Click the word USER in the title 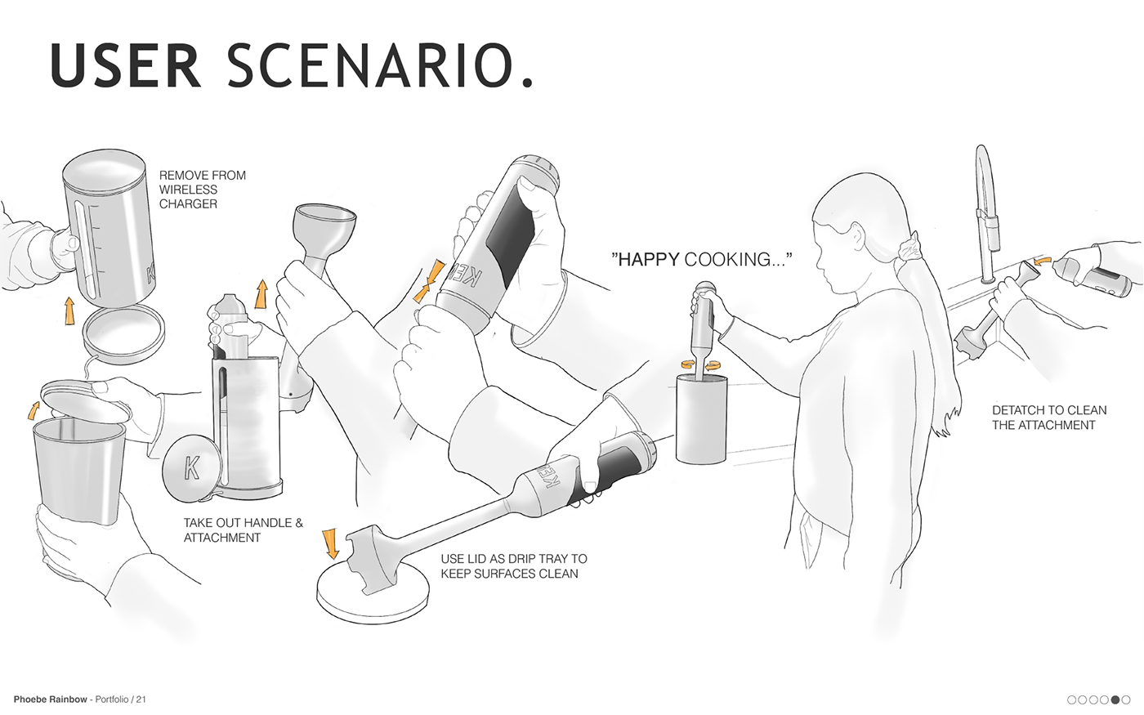(x=126, y=65)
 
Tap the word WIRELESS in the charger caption (x=188, y=190)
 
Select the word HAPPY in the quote (x=649, y=260)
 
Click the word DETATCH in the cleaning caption (x=1018, y=410)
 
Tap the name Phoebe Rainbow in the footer (x=50, y=699)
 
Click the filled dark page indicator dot (x=1115, y=699)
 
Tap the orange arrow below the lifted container (x=69, y=311)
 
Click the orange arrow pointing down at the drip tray (x=330, y=543)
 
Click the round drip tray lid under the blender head (x=373, y=592)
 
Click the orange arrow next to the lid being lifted (x=34, y=410)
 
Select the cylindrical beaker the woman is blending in (x=701, y=418)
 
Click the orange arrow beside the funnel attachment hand (x=261, y=293)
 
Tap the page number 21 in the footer (x=141, y=699)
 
